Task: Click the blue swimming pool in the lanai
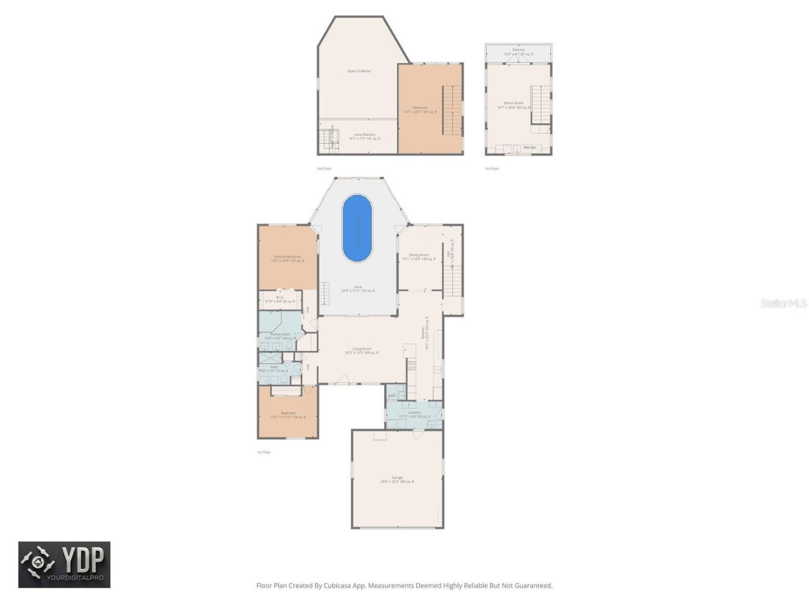[357, 228]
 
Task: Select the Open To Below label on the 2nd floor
[358, 71]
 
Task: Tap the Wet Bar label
[530, 148]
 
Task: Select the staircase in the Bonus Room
[540, 105]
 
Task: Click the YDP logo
[64, 564]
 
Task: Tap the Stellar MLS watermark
[784, 304]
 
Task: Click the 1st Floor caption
[264, 452]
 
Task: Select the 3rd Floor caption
[492, 169]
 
